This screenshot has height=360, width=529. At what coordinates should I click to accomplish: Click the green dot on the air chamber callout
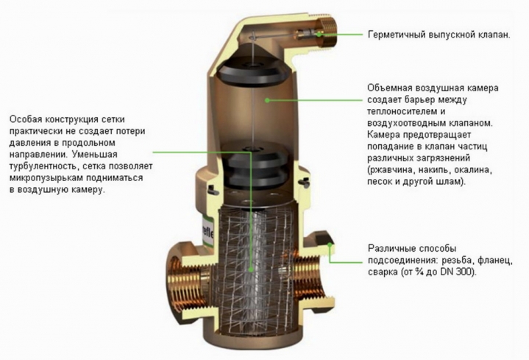[x=266, y=97]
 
